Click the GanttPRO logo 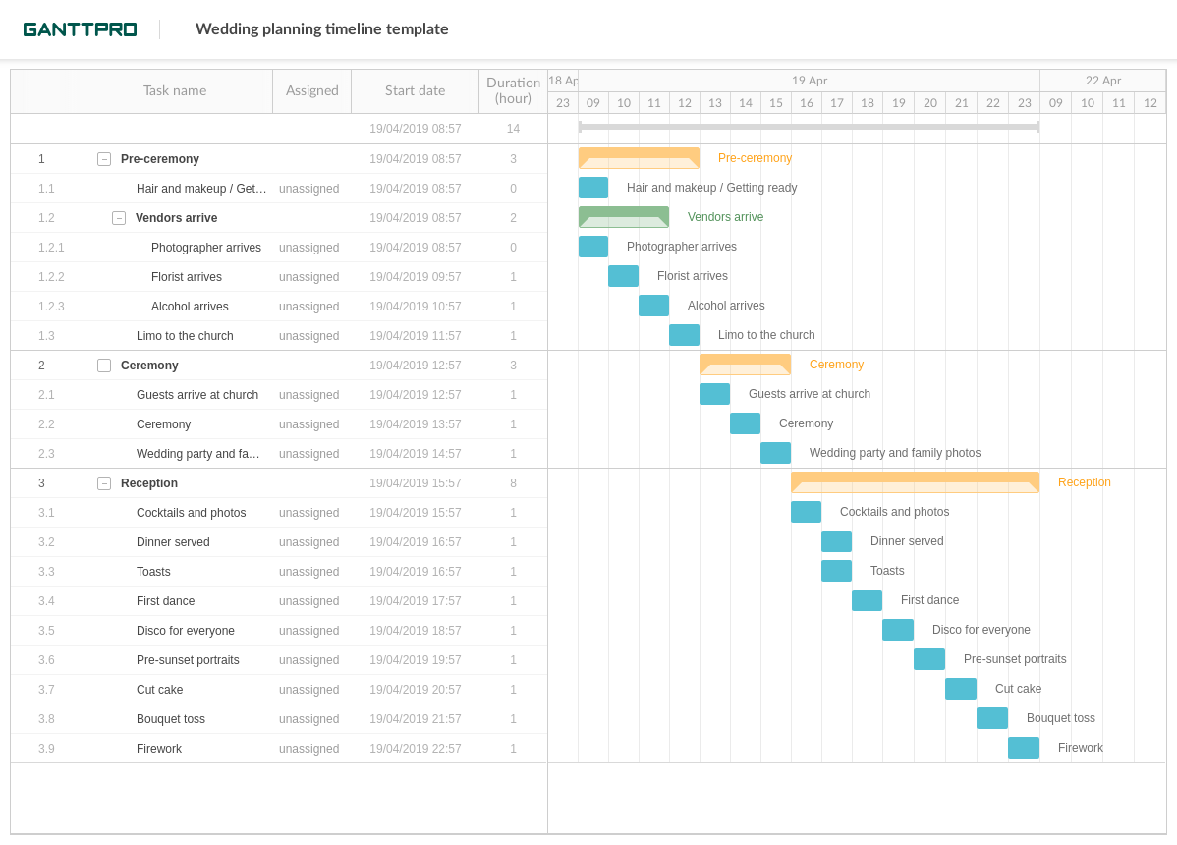[x=80, y=29]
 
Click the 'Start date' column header [x=415, y=90]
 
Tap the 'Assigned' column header [x=311, y=90]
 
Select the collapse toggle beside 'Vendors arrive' [x=119, y=218]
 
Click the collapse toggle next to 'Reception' [x=104, y=483]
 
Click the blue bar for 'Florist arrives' [x=623, y=276]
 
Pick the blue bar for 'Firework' [x=1023, y=748]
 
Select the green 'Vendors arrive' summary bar [x=623, y=217]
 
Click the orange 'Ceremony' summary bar [x=745, y=365]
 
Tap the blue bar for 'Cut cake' [x=960, y=689]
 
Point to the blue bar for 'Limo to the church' [x=684, y=335]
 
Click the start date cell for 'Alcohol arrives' [x=415, y=307]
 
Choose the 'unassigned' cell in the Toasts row [x=308, y=572]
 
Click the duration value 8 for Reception [x=513, y=483]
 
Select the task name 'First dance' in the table [x=165, y=601]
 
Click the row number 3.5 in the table [x=46, y=631]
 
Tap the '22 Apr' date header [x=1102, y=81]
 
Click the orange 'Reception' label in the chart [x=1084, y=482]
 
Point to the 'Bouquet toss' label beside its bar [x=1060, y=718]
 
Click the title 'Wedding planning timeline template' [x=321, y=29]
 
